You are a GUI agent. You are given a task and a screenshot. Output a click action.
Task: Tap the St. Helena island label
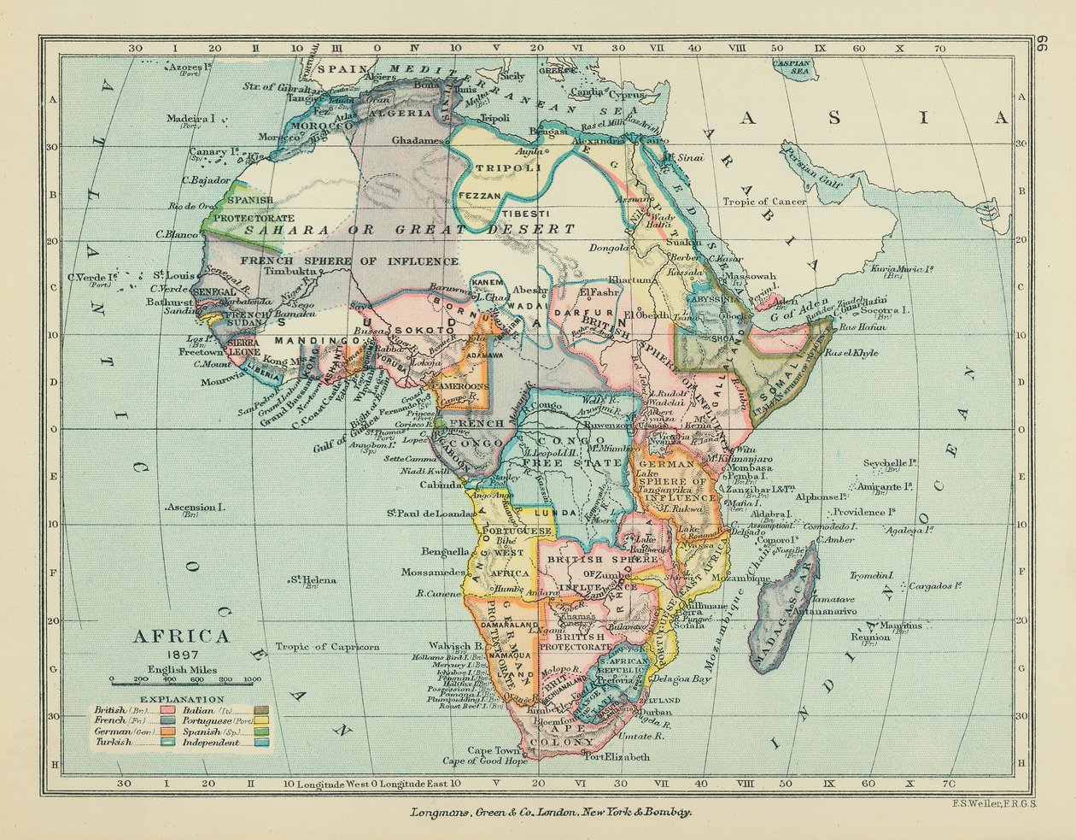click(313, 581)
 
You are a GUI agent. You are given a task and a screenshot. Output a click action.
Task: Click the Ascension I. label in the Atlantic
click(196, 508)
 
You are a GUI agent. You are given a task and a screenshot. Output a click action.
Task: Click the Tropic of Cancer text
click(765, 202)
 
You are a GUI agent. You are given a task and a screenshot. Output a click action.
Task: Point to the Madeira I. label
click(191, 119)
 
